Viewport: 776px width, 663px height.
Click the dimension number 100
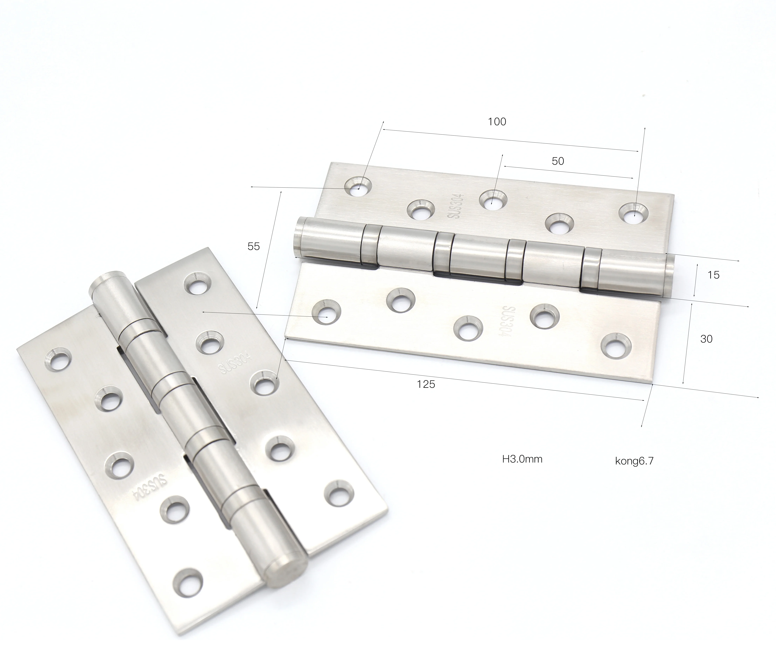[x=497, y=122]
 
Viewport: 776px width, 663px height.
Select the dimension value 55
[x=254, y=246]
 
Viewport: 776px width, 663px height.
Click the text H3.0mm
[x=522, y=459]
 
